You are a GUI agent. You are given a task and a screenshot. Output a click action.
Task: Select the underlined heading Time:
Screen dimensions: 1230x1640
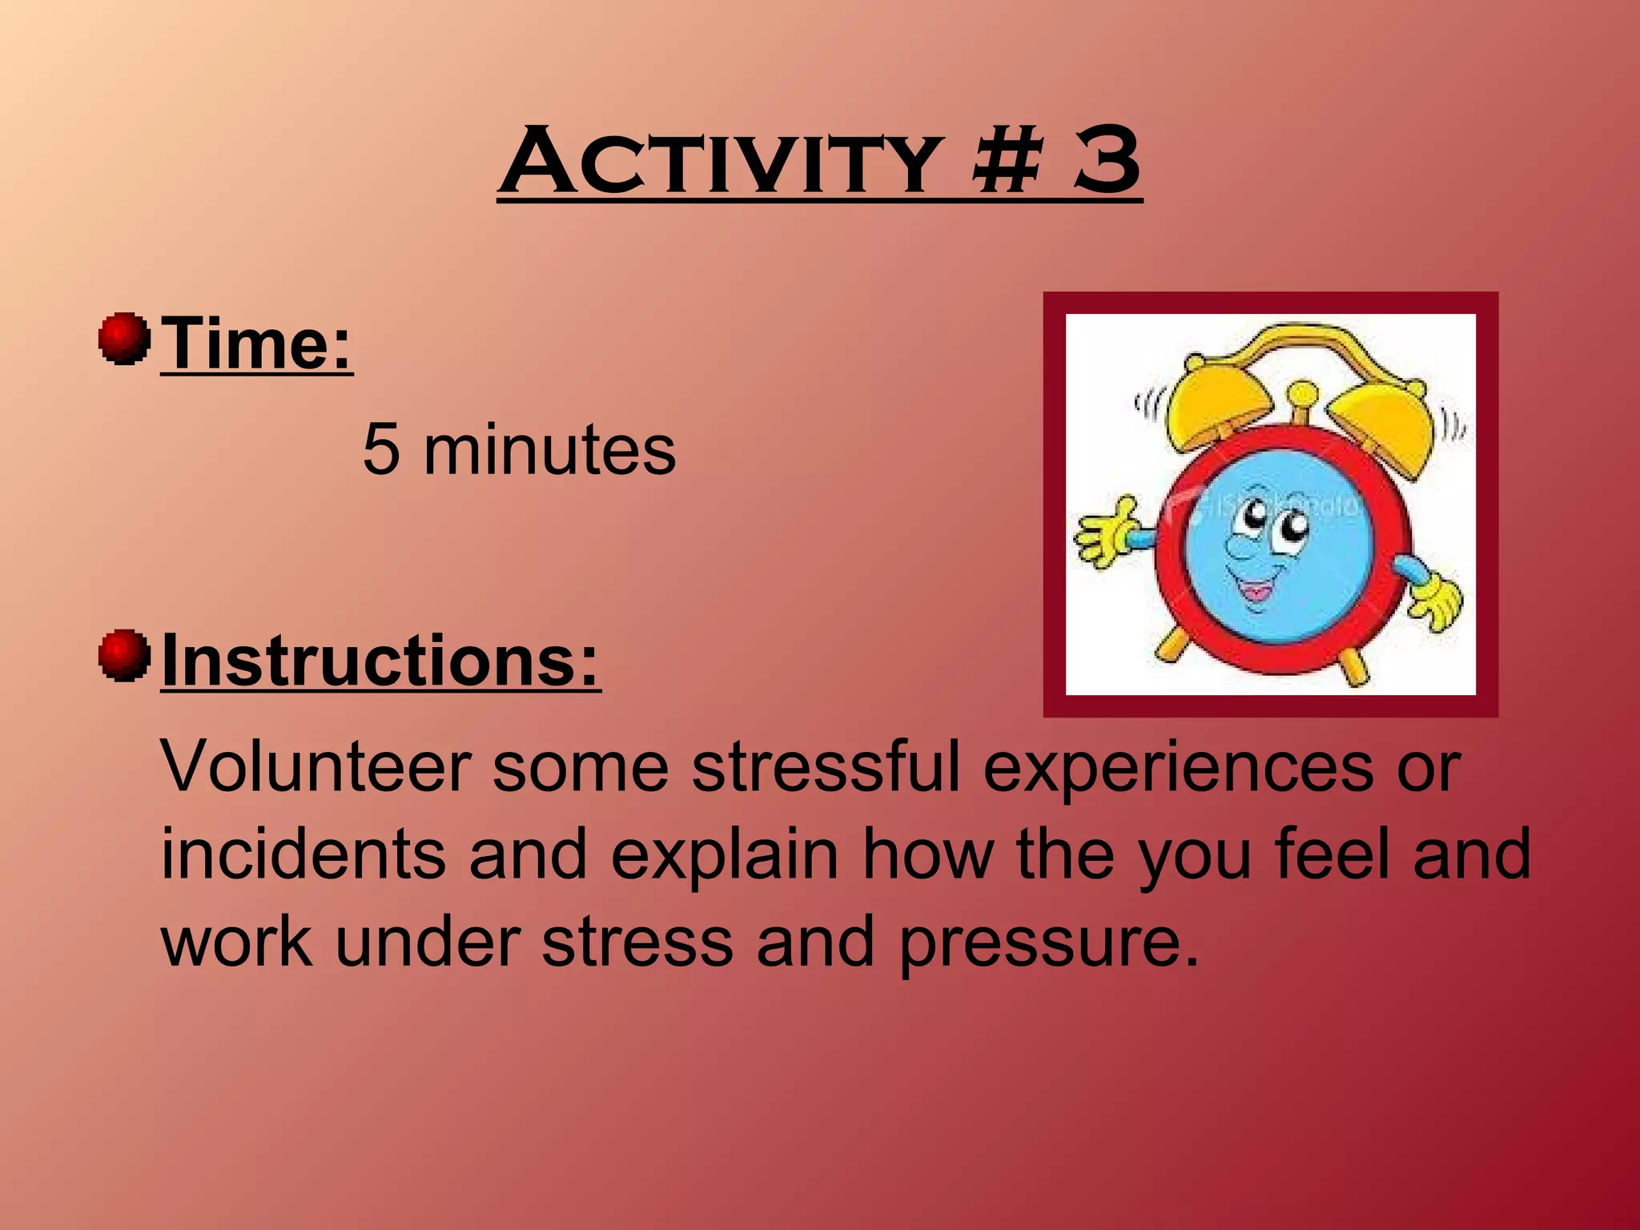(x=256, y=344)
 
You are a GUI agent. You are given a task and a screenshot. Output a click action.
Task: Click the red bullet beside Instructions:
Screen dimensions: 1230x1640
(x=124, y=655)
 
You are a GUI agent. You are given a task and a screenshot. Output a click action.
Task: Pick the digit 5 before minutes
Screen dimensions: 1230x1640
(x=381, y=450)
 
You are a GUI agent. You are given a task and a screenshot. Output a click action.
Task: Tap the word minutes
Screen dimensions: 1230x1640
(x=549, y=450)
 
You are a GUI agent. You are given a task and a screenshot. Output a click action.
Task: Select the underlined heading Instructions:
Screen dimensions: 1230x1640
(x=380, y=661)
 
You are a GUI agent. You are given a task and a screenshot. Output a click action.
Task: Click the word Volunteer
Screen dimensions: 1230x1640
(x=316, y=767)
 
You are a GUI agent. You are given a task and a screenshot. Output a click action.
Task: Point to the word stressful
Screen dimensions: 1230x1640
(x=825, y=767)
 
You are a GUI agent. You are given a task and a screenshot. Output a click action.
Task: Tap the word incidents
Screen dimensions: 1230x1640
(x=303, y=854)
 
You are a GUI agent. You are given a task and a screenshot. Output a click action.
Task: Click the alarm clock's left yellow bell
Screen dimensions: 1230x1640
(x=1214, y=408)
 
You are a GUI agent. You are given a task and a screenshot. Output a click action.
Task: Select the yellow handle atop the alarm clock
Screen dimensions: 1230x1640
(x=1313, y=344)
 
